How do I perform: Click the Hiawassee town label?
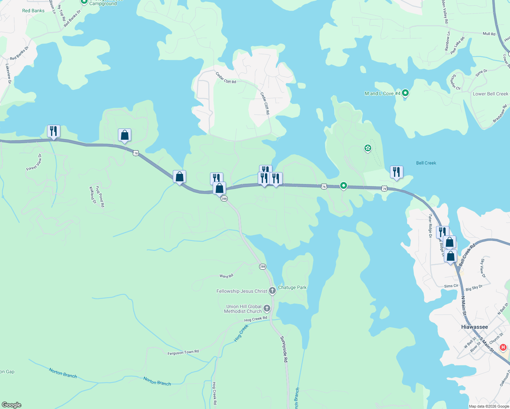point(474,327)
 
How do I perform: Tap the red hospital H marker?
point(503,348)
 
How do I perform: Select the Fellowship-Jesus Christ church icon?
point(272,291)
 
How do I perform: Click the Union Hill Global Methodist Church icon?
point(267,308)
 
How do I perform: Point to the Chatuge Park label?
point(292,287)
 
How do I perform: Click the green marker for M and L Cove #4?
point(405,93)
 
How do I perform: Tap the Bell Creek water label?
point(426,163)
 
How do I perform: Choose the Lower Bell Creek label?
point(490,94)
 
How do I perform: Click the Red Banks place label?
point(33,11)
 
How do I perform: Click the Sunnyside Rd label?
point(284,349)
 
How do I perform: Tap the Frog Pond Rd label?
point(100,196)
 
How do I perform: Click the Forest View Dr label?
point(34,162)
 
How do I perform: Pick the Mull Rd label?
point(489,34)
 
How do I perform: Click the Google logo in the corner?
point(11,405)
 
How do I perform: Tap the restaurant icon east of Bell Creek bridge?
point(396,172)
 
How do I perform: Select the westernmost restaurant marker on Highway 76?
point(54,131)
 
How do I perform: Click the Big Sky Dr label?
point(474,288)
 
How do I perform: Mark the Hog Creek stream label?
point(241,333)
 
